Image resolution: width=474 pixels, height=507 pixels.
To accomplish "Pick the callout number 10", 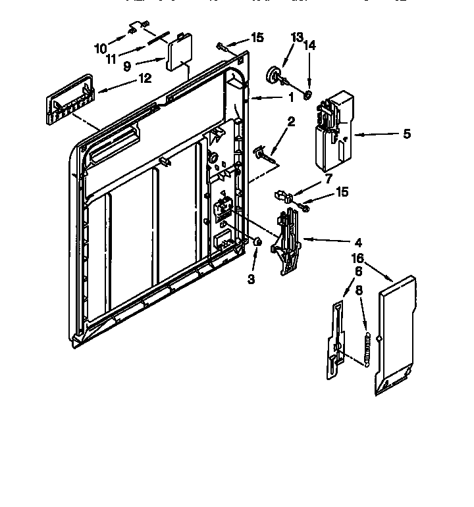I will pyautogui.click(x=101, y=48).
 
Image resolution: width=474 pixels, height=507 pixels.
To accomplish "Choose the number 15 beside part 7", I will pyautogui.click(x=342, y=191).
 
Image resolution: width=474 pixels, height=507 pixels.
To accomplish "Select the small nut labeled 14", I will pyautogui.click(x=307, y=96).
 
